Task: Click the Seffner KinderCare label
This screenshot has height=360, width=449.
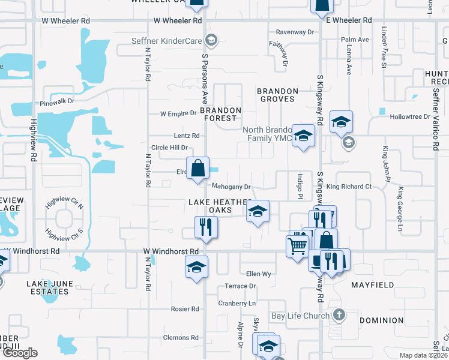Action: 166,41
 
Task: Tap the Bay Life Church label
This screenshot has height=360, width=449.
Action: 300,316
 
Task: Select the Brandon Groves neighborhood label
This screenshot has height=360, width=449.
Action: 277,95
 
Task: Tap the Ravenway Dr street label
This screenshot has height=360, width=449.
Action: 295,32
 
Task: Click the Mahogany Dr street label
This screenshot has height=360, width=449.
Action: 231,187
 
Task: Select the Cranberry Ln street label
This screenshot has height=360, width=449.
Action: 237,304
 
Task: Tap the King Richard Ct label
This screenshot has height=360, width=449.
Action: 349,187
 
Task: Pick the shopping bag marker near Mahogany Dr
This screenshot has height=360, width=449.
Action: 197,168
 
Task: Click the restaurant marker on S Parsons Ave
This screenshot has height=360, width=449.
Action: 206,227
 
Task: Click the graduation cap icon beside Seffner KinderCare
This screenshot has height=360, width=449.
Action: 211,41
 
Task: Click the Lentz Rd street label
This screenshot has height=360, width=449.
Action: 186,136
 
